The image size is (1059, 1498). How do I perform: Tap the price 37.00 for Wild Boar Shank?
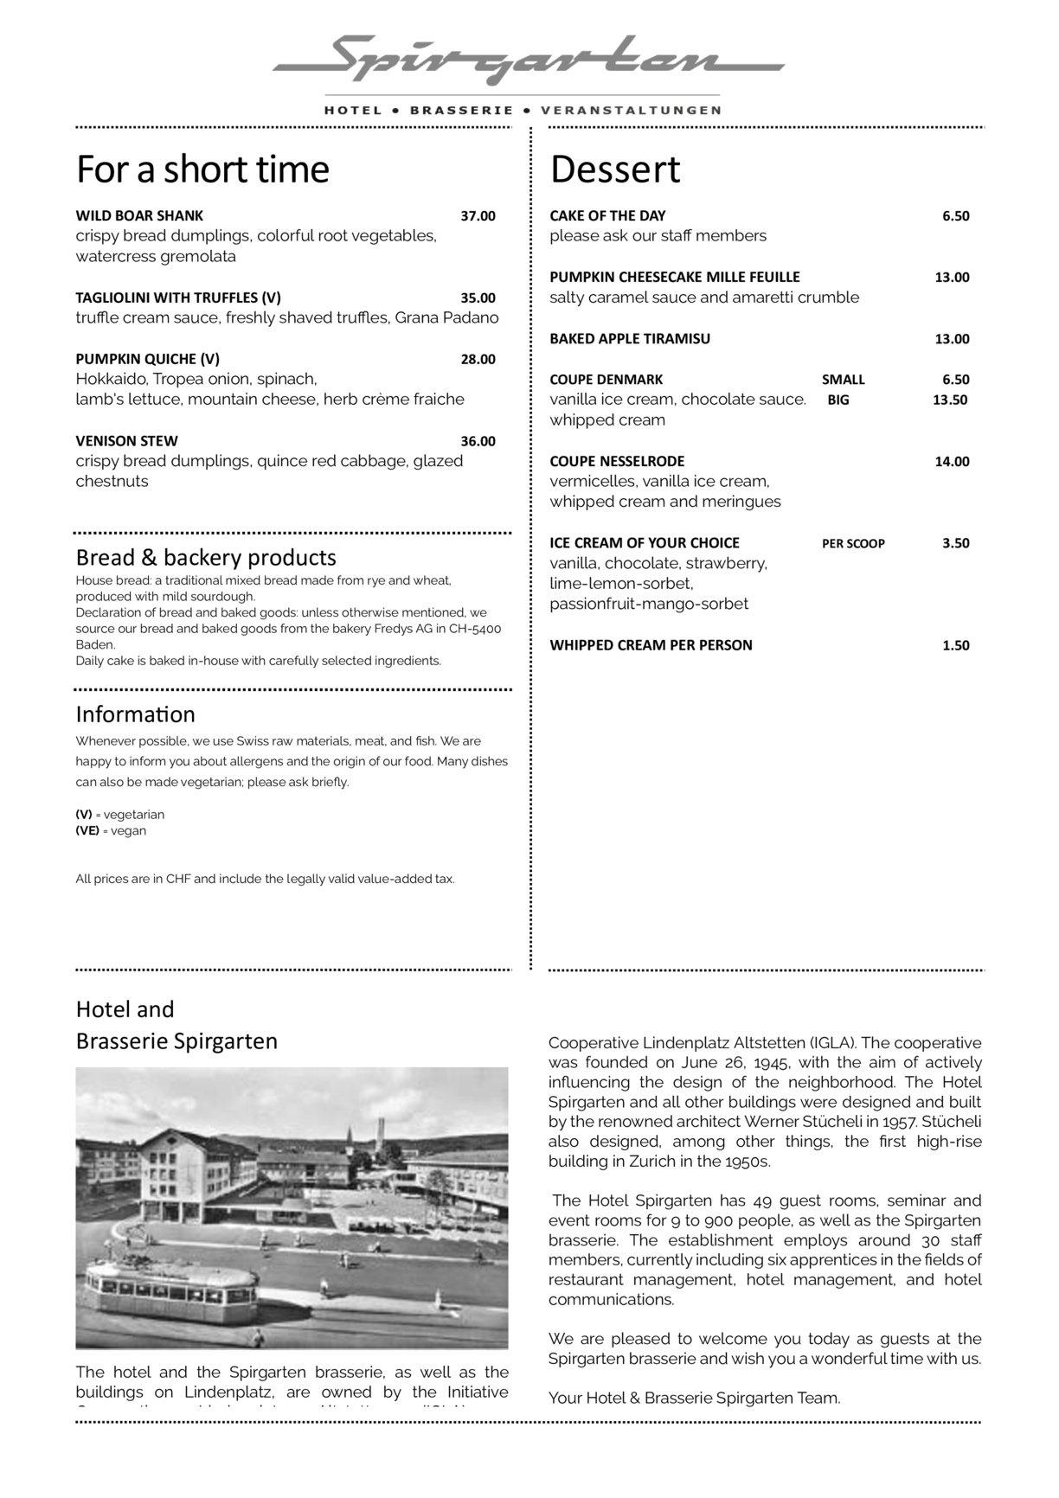(x=478, y=215)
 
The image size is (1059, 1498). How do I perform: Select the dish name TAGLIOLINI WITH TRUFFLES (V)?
(x=178, y=298)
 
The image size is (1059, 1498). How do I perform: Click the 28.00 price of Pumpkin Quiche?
(x=478, y=359)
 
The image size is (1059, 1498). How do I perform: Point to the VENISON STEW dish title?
(x=126, y=441)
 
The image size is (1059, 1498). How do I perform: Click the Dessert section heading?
(x=615, y=170)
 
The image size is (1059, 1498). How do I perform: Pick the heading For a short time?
(x=202, y=170)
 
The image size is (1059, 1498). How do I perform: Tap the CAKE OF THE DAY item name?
(x=607, y=215)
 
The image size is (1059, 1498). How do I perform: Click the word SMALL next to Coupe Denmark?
(x=843, y=380)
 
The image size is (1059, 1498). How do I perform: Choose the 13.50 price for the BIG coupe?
(x=949, y=400)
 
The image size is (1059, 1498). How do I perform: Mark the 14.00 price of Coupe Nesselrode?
(x=952, y=461)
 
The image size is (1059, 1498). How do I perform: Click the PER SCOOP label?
(x=853, y=543)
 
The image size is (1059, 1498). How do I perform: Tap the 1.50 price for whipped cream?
(x=955, y=645)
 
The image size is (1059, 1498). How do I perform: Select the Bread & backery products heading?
(x=206, y=557)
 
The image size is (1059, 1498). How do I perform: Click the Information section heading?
(x=135, y=714)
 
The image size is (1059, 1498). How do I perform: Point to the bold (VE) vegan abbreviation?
(x=87, y=830)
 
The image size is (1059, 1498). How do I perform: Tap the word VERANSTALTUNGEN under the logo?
(x=631, y=111)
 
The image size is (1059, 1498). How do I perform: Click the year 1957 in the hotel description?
(x=898, y=1122)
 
